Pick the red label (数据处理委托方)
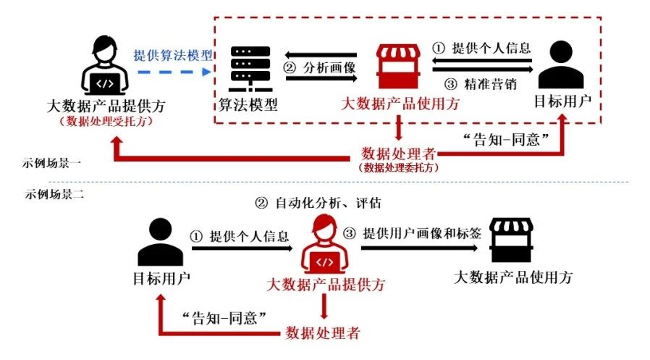(x=400, y=167)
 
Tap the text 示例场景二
(x=50, y=194)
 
